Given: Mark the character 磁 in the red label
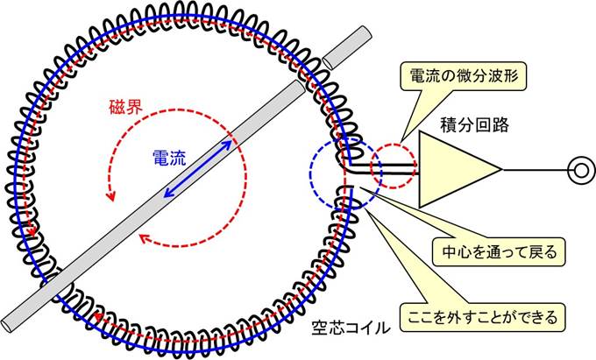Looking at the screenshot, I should pyautogui.click(x=117, y=111).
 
